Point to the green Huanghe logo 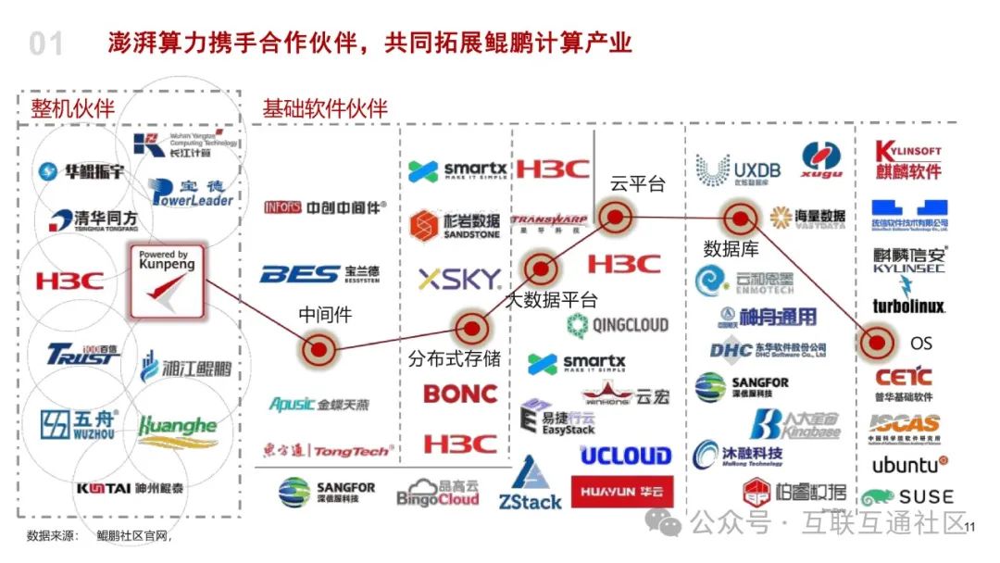coord(178,427)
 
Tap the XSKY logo coord(459,279)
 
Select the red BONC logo coord(460,394)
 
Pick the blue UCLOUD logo coord(625,456)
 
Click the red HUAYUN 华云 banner coord(621,492)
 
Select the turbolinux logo coord(907,306)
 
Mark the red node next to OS coord(875,343)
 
